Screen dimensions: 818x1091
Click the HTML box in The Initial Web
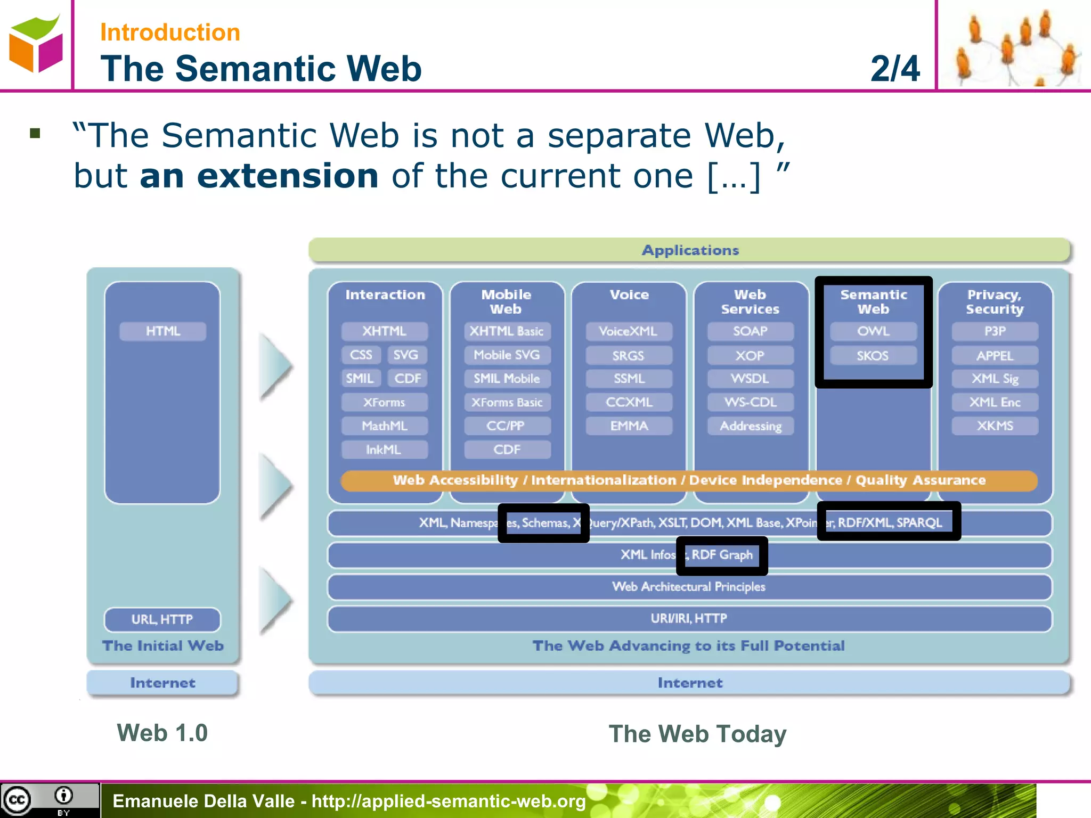tap(162, 331)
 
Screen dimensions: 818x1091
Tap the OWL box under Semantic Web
tap(873, 331)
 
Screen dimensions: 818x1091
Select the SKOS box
tap(873, 355)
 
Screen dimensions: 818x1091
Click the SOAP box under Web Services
tap(750, 331)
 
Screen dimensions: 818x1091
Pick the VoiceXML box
tap(629, 331)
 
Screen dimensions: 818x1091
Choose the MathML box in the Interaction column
tap(384, 426)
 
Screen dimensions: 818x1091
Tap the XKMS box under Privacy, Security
tap(995, 426)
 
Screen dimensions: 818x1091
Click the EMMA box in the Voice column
tap(629, 426)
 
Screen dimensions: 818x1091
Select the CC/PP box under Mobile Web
tap(507, 426)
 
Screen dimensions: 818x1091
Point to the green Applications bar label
tap(690, 250)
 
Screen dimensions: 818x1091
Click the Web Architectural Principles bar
tap(689, 587)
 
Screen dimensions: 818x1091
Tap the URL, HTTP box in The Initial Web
tap(162, 619)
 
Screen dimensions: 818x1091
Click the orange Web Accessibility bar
tap(689, 480)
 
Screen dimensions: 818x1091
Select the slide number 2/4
tap(895, 69)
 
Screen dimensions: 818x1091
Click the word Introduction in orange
tap(170, 32)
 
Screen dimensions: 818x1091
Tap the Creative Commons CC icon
tap(17, 800)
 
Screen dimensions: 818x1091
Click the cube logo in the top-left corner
tap(36, 44)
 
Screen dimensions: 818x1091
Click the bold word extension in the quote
tap(259, 176)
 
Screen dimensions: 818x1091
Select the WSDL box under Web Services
tap(750, 379)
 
